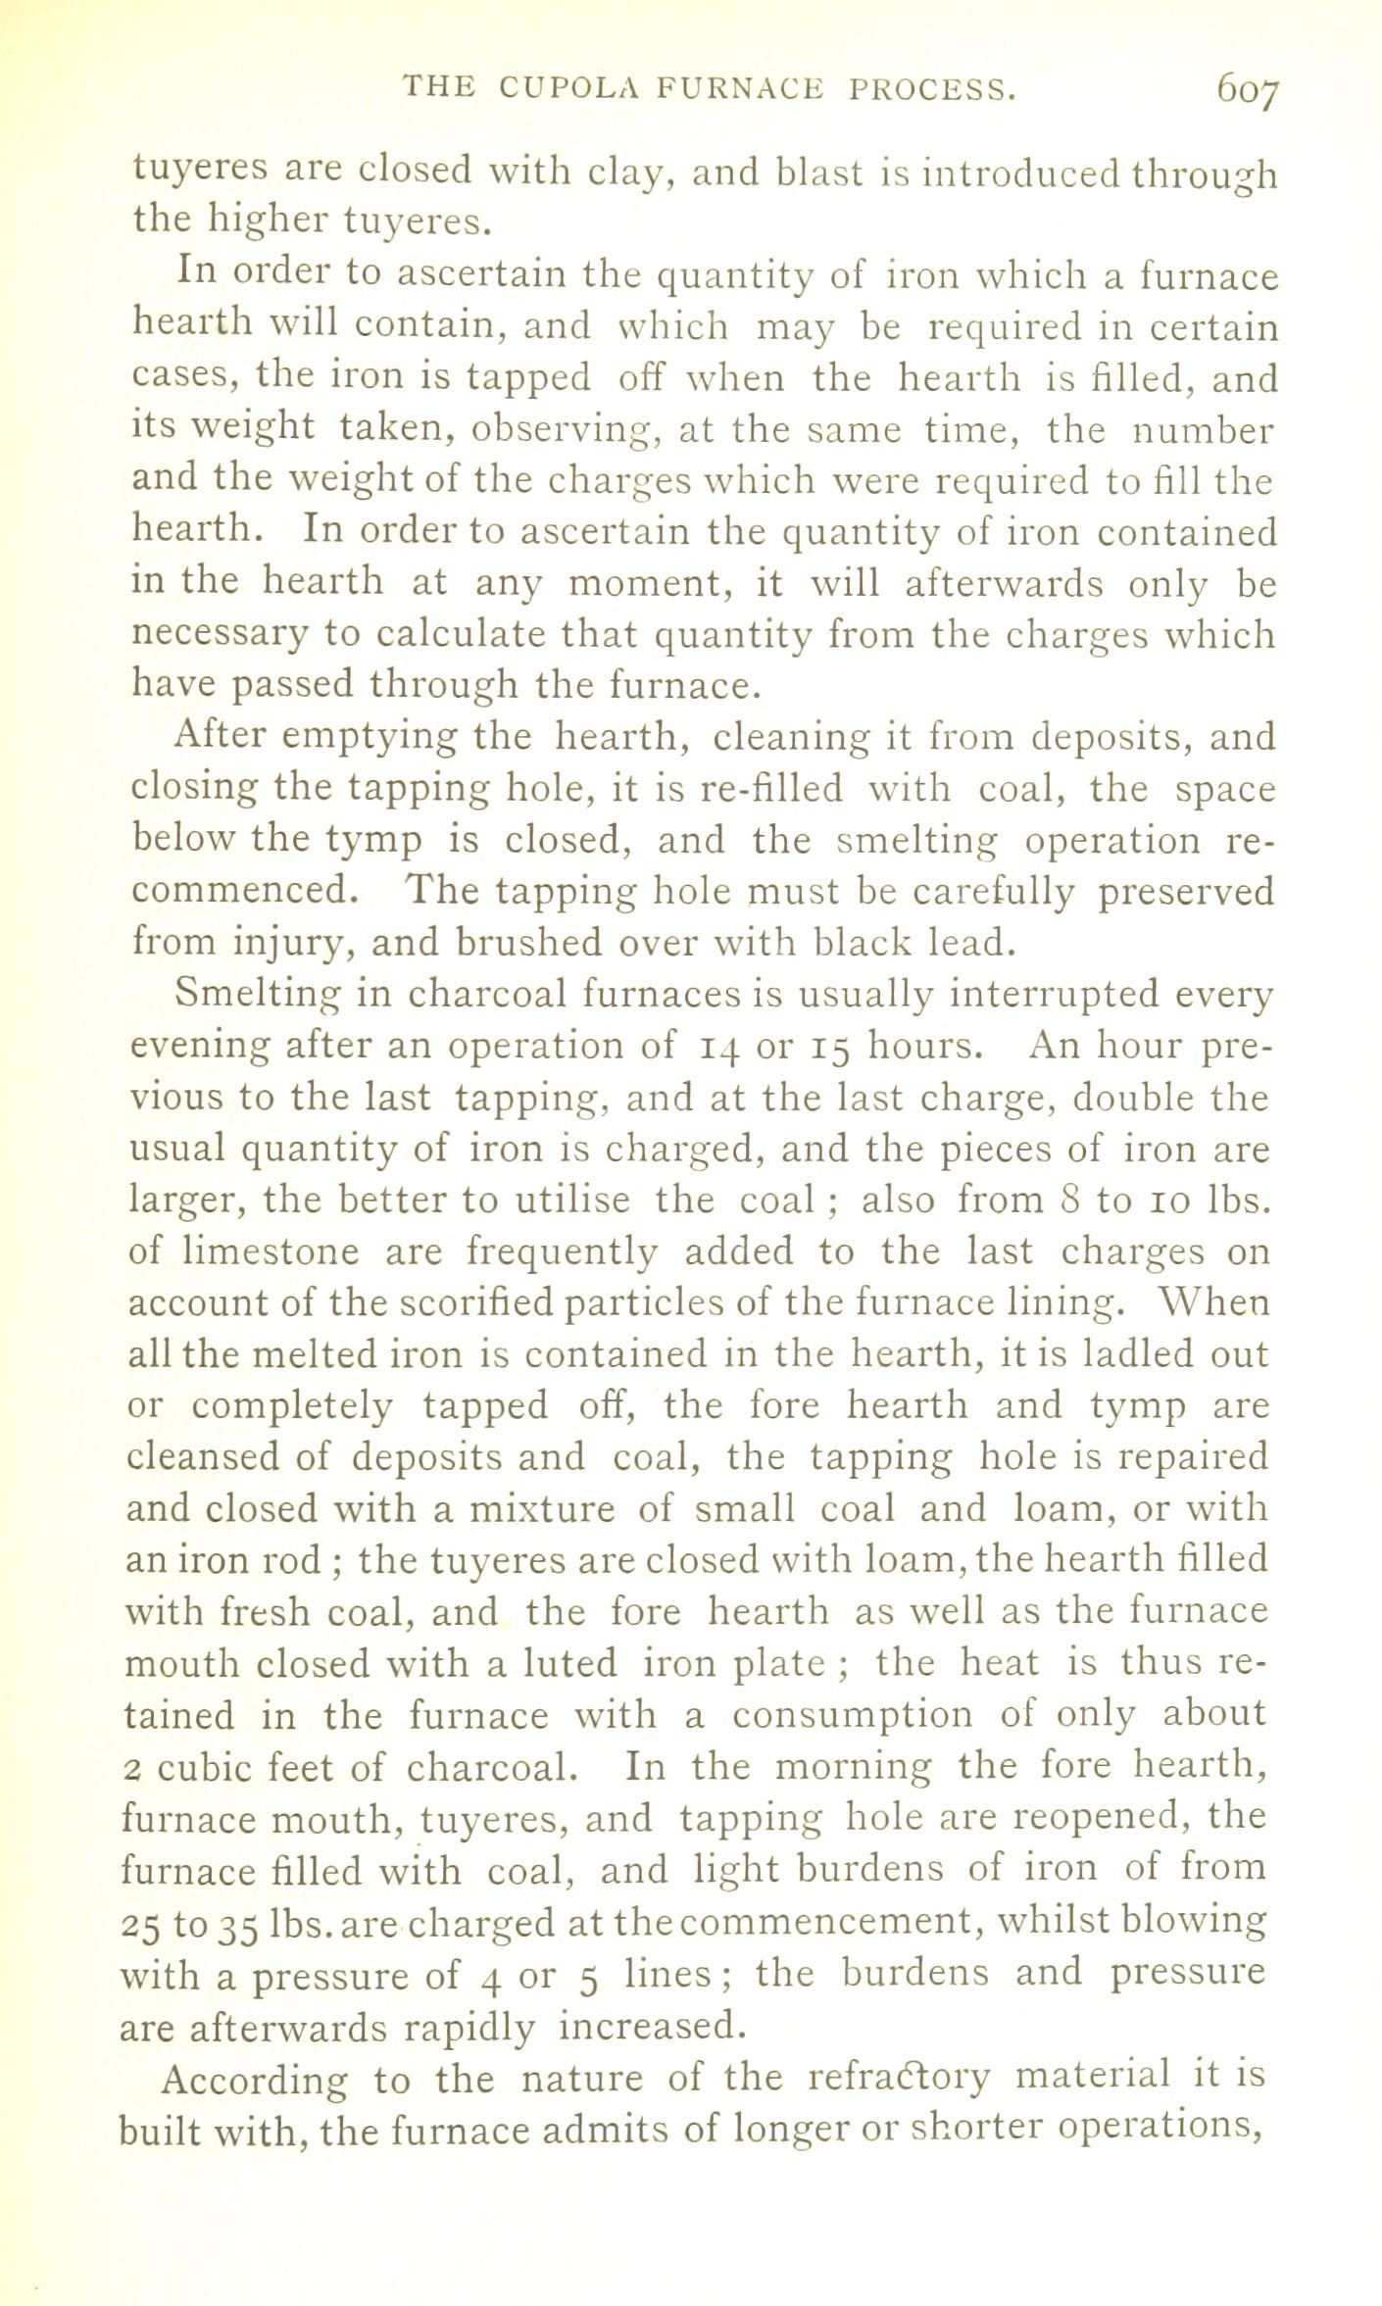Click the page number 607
click(1248, 94)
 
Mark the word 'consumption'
click(851, 1715)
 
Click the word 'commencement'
click(829, 1919)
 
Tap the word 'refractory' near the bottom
click(893, 2075)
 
